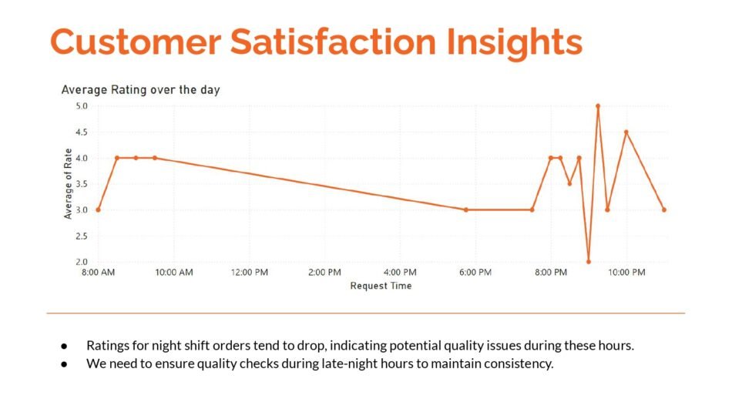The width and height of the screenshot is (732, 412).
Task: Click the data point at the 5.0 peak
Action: (598, 106)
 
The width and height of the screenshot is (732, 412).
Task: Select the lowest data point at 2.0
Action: (589, 262)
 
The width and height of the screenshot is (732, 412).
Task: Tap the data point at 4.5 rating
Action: (626, 132)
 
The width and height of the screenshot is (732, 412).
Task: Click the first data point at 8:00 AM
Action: (98, 209)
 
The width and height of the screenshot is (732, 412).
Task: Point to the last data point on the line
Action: (663, 209)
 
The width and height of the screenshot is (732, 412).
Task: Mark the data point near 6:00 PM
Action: (466, 209)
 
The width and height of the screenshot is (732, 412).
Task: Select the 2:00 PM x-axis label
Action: (324, 273)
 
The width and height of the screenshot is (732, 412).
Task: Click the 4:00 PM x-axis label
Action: (400, 273)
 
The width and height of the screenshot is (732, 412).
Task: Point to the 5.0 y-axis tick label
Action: (82, 106)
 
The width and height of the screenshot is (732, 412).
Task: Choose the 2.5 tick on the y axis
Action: (82, 236)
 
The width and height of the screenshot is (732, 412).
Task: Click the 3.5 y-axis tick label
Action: (82, 184)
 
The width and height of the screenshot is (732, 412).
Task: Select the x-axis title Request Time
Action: (381, 286)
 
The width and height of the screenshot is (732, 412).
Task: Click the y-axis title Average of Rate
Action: (68, 184)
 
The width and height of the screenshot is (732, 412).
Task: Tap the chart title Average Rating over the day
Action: (140, 90)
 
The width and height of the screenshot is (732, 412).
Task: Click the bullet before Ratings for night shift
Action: (65, 346)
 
